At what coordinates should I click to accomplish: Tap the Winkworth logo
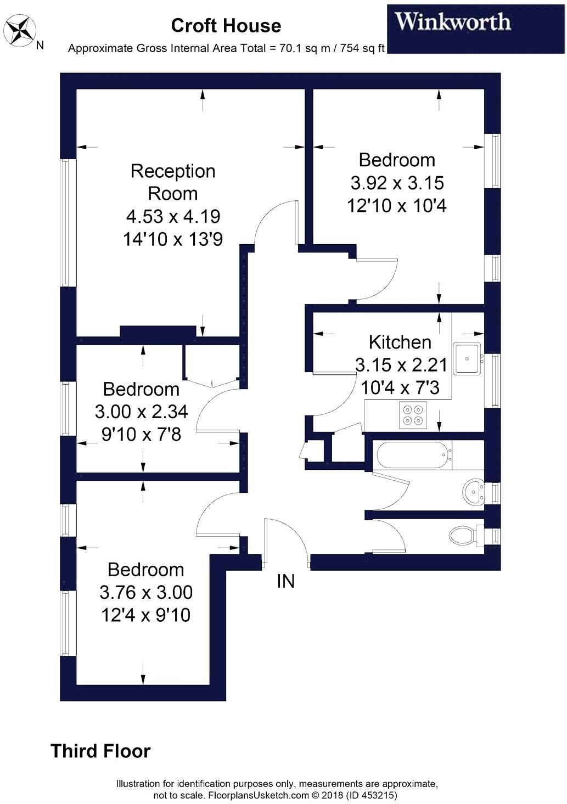pos(453,22)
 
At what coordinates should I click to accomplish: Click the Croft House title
pos(226,26)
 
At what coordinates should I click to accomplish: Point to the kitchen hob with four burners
pos(413,414)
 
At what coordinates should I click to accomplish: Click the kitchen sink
pos(467,358)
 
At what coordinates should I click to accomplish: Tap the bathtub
pos(413,455)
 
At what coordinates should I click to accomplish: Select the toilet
pos(464,534)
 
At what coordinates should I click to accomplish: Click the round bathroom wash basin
pos(473,491)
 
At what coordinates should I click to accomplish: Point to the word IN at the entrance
pos(285,581)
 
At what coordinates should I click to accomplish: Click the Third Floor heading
pos(100,751)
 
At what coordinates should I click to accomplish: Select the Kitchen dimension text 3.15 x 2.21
pos(401,365)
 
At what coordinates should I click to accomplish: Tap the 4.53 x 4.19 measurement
pos(173,216)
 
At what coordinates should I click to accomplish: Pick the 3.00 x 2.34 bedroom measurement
pos(142,411)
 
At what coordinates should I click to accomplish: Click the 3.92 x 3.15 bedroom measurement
pos(397,183)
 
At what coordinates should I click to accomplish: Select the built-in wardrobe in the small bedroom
pos(211,362)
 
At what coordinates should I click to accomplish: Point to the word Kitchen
pos(400,342)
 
